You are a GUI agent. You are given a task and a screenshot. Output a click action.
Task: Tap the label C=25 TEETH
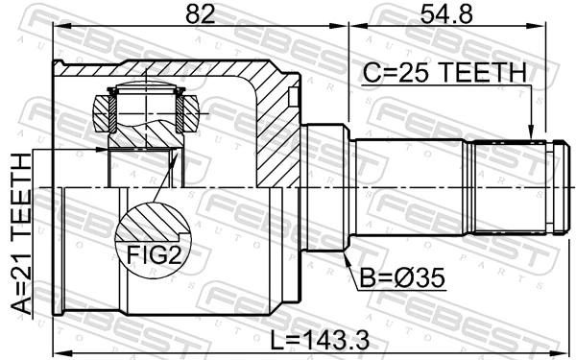pyautogui.click(x=444, y=72)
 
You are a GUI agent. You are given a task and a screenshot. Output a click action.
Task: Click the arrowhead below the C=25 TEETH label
pyautogui.click(x=529, y=134)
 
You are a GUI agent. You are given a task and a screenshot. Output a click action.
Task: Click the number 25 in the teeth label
pyautogui.click(x=417, y=72)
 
